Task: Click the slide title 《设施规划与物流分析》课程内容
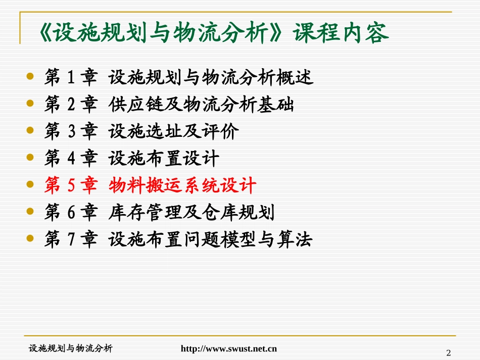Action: tap(213, 33)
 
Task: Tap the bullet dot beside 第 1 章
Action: tap(30, 77)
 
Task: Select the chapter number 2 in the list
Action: tap(71, 105)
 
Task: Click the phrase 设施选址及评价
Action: tap(174, 132)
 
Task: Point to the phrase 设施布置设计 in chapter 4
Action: tap(164, 159)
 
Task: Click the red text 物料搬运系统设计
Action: tap(182, 186)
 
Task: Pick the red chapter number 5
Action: tap(71, 186)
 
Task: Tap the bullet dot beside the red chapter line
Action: tap(30, 185)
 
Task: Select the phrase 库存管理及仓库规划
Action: tap(191, 213)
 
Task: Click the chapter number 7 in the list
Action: tap(71, 240)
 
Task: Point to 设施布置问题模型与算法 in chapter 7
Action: tap(210, 240)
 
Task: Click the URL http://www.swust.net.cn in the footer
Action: tap(229, 348)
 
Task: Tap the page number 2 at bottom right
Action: tap(448, 352)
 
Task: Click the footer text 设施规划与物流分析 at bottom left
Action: tap(71, 348)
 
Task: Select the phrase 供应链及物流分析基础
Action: tap(201, 105)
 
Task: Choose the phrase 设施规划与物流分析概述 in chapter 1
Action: tap(210, 77)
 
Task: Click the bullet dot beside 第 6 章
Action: tap(30, 213)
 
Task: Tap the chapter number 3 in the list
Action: tap(71, 132)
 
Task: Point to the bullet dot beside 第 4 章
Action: tap(30, 159)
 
